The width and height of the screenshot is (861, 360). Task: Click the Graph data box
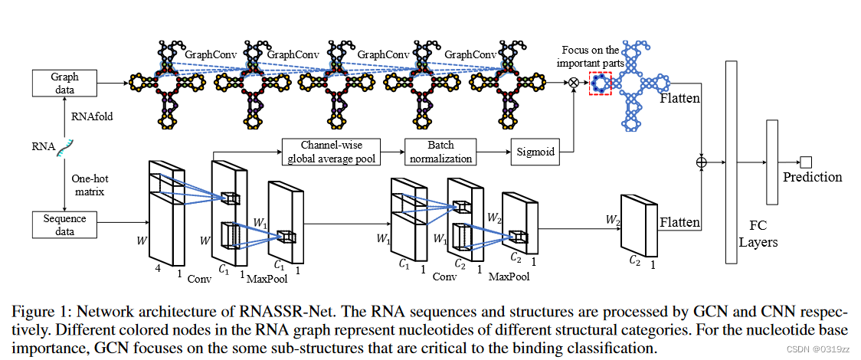click(x=65, y=83)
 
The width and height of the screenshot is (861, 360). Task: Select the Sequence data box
click(x=65, y=224)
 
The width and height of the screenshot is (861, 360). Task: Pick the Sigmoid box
click(x=535, y=152)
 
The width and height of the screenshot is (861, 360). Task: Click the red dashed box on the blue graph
click(x=600, y=83)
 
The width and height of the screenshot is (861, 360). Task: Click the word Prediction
click(x=812, y=177)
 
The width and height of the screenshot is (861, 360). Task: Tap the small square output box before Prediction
click(x=804, y=161)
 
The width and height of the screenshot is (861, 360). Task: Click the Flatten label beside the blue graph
click(x=679, y=100)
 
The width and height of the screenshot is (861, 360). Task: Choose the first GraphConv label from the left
click(x=209, y=55)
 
